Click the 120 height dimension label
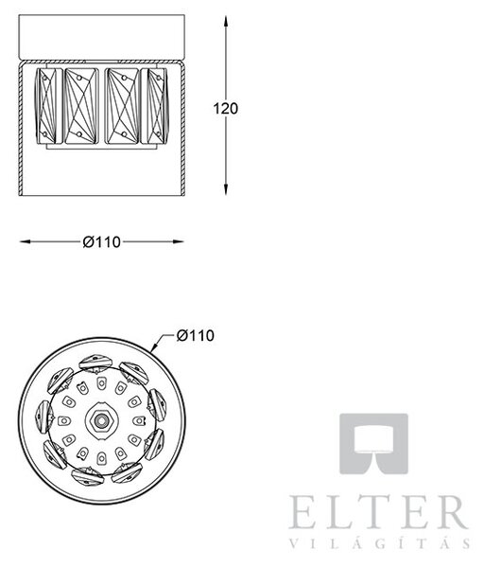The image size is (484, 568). point(225,109)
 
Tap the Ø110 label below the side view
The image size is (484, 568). point(102,242)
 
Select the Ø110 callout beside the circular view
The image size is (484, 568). point(196,335)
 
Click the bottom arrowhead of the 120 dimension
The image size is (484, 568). point(226,188)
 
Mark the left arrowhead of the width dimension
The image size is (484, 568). point(26,241)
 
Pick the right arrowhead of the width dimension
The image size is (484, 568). point(178,241)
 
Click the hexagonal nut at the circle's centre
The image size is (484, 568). point(102,420)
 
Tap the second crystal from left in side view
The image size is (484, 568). point(81,106)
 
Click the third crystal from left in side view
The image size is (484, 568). point(122,106)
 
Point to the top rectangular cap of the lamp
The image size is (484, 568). point(102,37)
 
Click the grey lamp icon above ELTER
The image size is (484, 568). point(373,443)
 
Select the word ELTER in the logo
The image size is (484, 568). point(379,512)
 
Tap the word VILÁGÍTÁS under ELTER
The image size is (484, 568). point(380,543)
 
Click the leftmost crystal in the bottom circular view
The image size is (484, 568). point(44,417)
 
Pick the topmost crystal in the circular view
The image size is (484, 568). point(94,364)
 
